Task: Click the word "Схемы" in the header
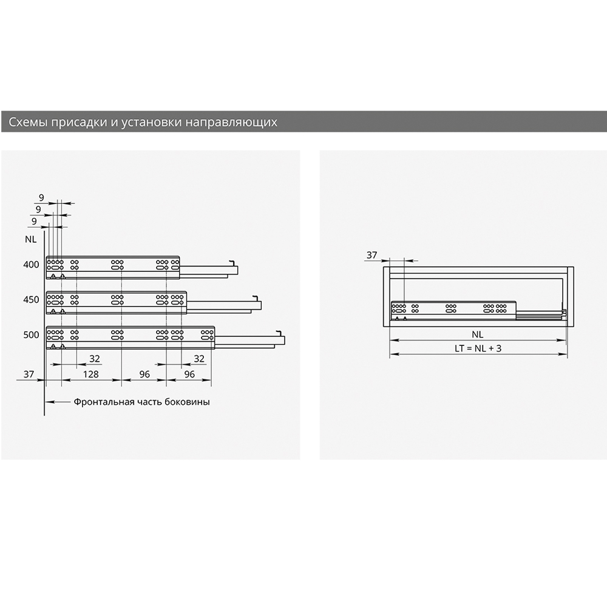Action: point(28,123)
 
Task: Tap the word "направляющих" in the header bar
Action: point(231,123)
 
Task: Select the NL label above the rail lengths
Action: point(30,239)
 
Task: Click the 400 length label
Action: point(31,265)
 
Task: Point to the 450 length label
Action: point(31,300)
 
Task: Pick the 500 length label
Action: point(31,335)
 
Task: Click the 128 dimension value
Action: point(90,375)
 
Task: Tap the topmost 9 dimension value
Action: point(41,198)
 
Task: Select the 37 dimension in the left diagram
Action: point(29,375)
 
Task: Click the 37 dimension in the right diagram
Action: point(371,255)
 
